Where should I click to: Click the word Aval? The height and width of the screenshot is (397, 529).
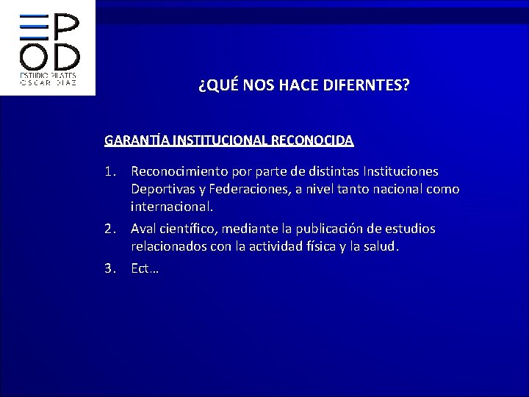(x=145, y=229)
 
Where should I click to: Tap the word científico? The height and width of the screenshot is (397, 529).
(x=192, y=229)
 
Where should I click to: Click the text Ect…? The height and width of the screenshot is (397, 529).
(x=145, y=268)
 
